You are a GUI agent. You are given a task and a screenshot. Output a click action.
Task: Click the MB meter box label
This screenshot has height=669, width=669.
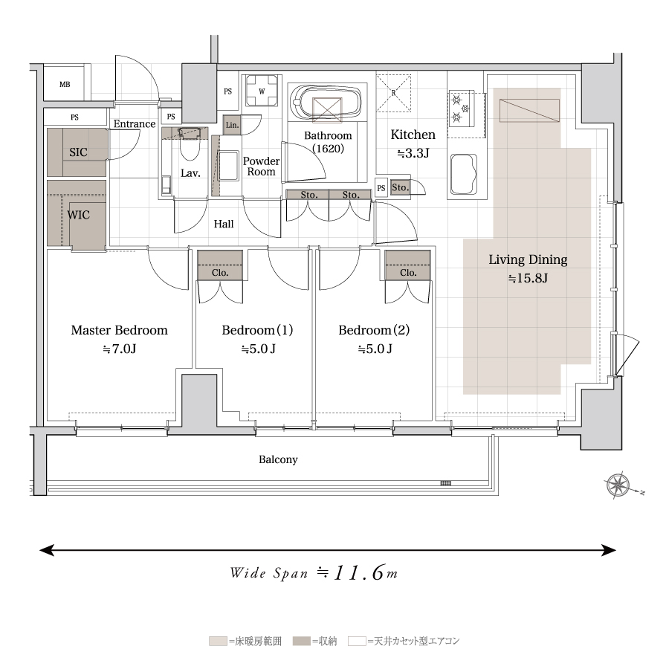[x=65, y=85]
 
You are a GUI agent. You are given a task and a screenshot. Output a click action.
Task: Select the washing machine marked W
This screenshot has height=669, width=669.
[x=262, y=91]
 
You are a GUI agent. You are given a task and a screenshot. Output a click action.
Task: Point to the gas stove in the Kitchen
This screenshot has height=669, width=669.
[x=461, y=109]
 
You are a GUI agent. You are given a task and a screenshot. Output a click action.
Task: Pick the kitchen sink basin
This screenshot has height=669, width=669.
[x=464, y=174]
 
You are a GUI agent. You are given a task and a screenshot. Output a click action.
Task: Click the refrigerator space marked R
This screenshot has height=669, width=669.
[x=393, y=93]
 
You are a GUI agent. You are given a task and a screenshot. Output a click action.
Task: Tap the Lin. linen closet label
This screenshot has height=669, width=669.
[x=232, y=125]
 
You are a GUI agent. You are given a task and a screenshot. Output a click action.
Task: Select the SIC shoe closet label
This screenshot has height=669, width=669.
[x=78, y=152]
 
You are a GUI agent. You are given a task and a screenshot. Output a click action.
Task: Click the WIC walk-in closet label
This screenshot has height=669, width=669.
[x=79, y=215]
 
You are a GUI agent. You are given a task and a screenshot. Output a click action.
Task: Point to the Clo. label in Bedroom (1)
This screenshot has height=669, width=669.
[x=220, y=273]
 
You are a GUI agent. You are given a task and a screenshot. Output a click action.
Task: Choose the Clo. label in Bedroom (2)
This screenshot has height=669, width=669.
[x=408, y=273]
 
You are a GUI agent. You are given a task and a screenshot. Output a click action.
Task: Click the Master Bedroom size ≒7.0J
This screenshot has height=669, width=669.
[x=120, y=349]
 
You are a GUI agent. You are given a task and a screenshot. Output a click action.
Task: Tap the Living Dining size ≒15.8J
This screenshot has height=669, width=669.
[x=528, y=278]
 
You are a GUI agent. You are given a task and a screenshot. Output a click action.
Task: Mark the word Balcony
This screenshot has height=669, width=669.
[x=278, y=459]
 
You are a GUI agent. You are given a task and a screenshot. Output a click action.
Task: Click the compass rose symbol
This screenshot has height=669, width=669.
[x=618, y=485]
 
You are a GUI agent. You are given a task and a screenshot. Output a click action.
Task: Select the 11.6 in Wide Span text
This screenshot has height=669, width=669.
[x=359, y=573]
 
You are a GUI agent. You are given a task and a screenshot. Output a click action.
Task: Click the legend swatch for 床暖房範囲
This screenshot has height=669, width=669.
[x=218, y=641]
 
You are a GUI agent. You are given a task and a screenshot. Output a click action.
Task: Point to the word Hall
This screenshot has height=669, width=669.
[x=224, y=224]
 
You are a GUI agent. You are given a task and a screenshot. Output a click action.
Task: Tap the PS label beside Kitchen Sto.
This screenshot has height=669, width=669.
[x=381, y=188]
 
